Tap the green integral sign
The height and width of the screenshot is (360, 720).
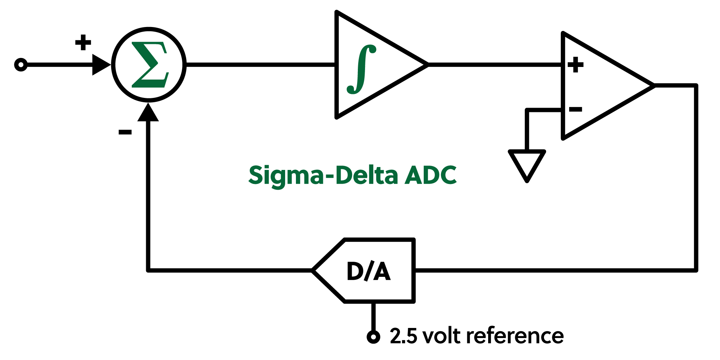pos(361,69)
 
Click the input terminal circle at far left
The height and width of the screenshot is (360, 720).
pos(21,65)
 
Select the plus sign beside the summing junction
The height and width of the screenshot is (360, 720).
pos(83,42)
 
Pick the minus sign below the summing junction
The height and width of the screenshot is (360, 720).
pos(125,132)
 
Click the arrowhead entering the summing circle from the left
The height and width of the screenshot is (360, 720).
pos(101,65)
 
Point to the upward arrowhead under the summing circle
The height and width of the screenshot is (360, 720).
pos(148,112)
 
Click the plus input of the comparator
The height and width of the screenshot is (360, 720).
pos(575,65)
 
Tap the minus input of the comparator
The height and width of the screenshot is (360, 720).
pos(575,109)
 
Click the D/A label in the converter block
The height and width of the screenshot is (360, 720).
pos(368,271)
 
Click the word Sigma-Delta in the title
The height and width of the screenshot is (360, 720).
pos(323,175)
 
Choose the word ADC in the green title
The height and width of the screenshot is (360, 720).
pos(431,175)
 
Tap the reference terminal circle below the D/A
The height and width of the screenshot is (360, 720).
pos(373,337)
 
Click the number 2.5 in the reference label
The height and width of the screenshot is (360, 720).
pos(403,336)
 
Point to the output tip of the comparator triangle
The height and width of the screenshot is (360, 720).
pos(653,86)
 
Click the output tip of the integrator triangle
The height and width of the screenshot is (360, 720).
pos(427,65)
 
